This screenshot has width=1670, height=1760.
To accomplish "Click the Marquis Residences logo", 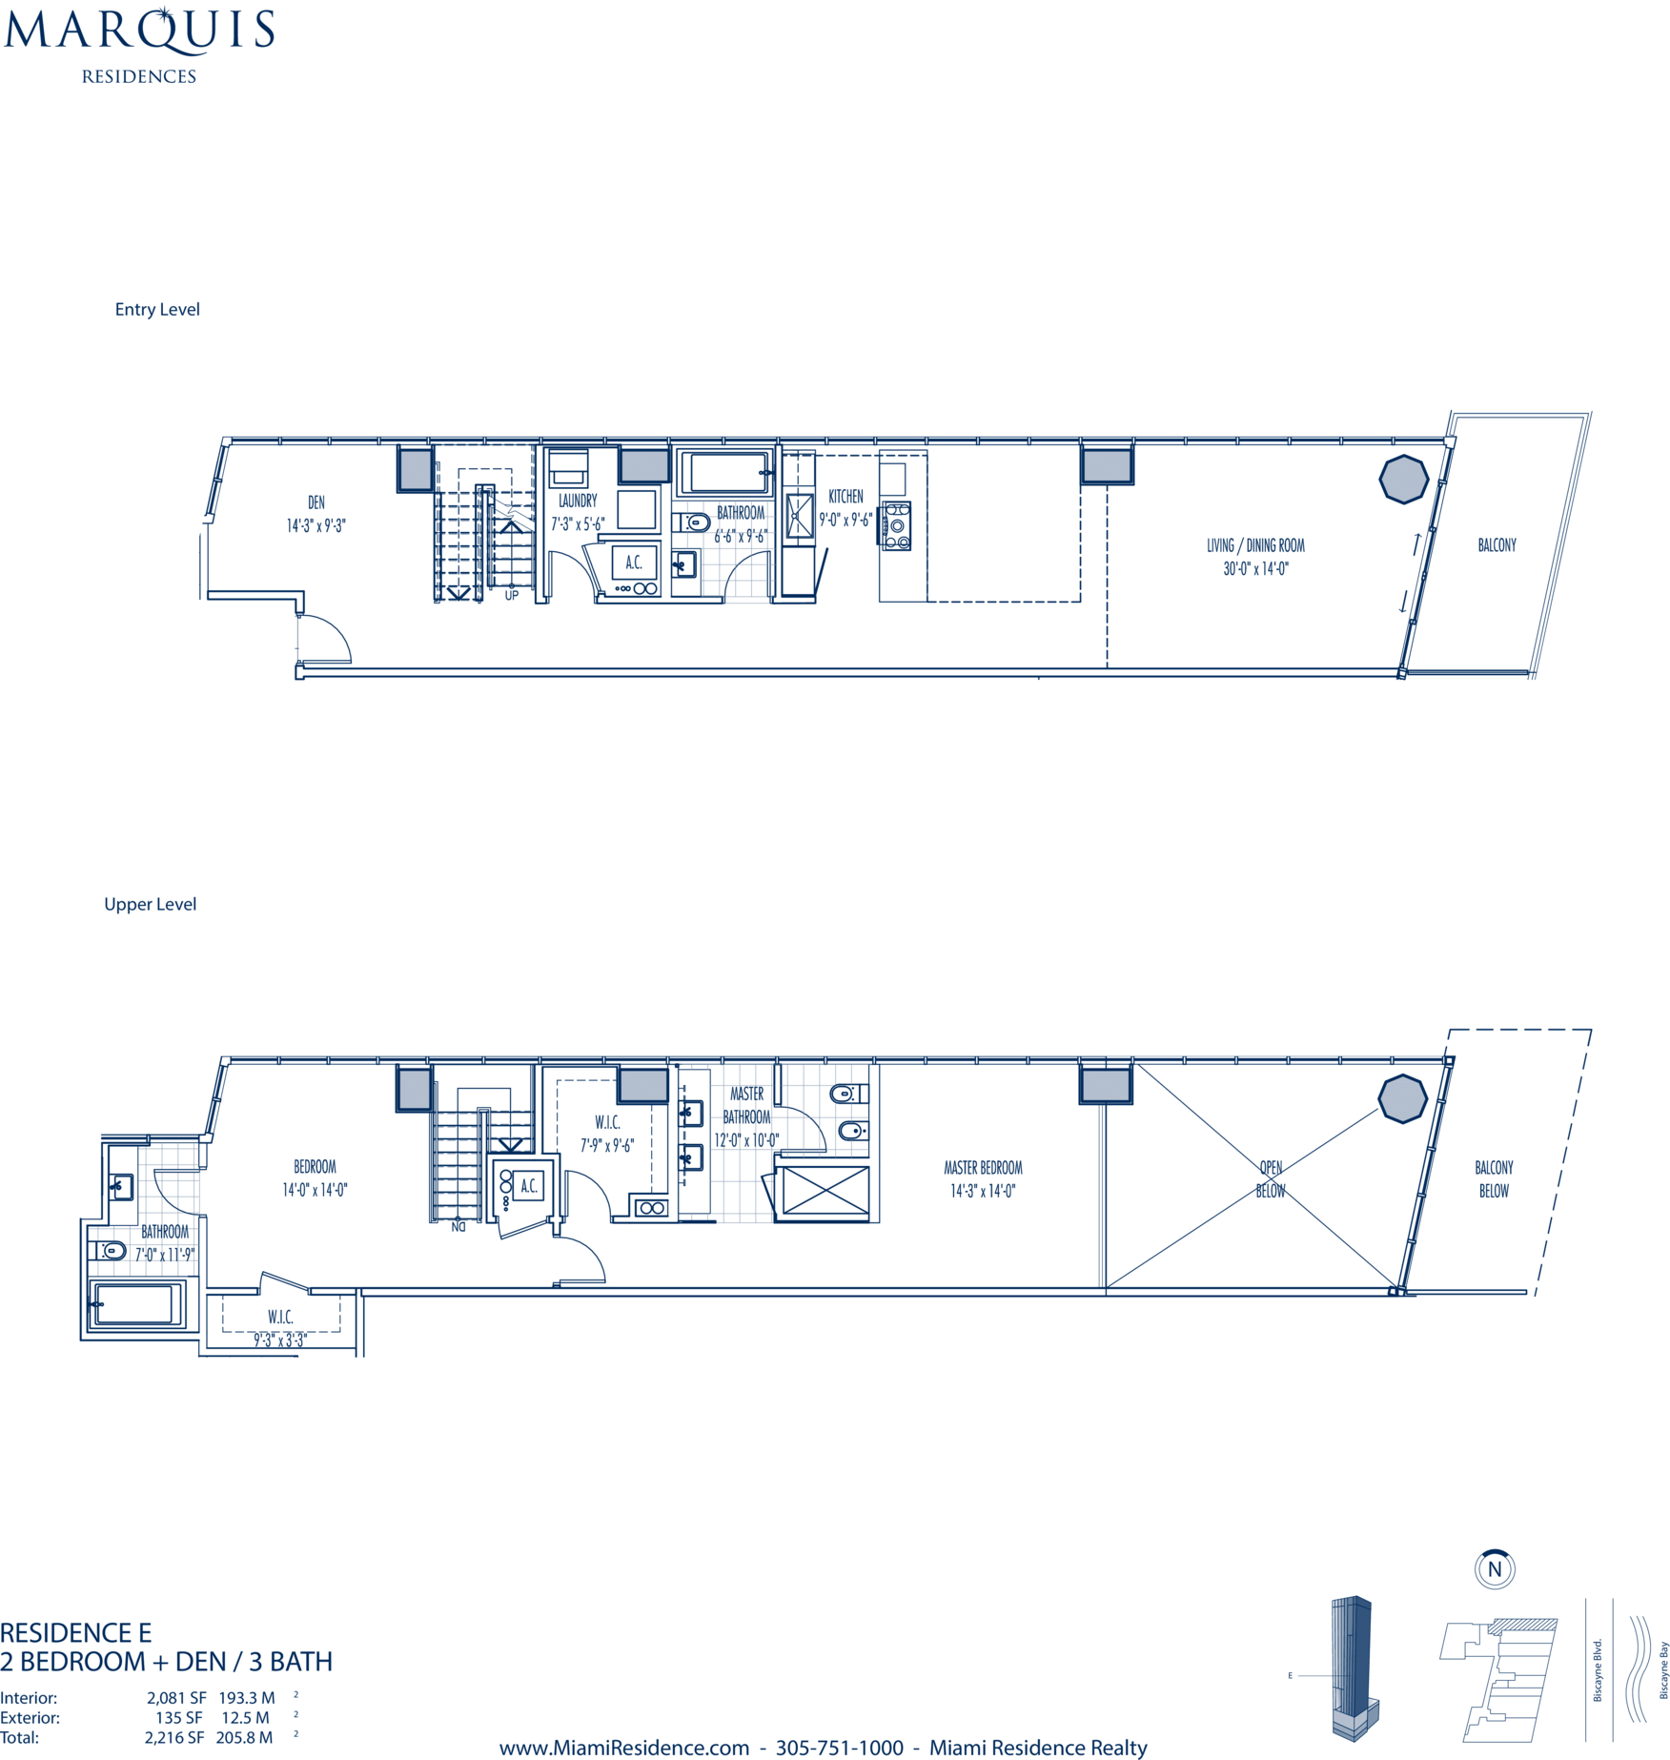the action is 139,45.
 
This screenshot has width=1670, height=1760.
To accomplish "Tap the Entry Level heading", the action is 157,309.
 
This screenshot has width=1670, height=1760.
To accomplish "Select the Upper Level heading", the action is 151,904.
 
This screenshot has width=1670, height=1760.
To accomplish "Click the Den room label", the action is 316,502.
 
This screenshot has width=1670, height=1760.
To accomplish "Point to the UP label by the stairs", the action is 512,596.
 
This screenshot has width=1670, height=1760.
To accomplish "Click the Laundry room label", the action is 578,501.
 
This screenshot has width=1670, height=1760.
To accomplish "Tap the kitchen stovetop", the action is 897,525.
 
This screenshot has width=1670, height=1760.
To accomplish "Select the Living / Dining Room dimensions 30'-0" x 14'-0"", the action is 1256,569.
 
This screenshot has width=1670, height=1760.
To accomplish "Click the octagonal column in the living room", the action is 1404,479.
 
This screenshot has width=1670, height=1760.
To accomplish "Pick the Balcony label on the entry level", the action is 1497,545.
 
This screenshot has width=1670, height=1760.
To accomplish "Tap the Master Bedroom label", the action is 983,1168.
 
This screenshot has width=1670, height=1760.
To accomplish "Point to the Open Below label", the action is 1271,1179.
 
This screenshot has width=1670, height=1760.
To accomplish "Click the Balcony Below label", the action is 1494,1179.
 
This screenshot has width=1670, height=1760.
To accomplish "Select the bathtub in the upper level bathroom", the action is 134,1303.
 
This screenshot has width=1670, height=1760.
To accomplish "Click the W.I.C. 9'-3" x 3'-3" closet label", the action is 280,1328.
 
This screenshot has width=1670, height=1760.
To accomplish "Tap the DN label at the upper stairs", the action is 458,1227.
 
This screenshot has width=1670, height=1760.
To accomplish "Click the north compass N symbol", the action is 1495,1568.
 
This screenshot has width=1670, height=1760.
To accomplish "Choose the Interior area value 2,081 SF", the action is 176,1698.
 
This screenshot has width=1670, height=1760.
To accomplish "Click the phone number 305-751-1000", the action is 839,1748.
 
